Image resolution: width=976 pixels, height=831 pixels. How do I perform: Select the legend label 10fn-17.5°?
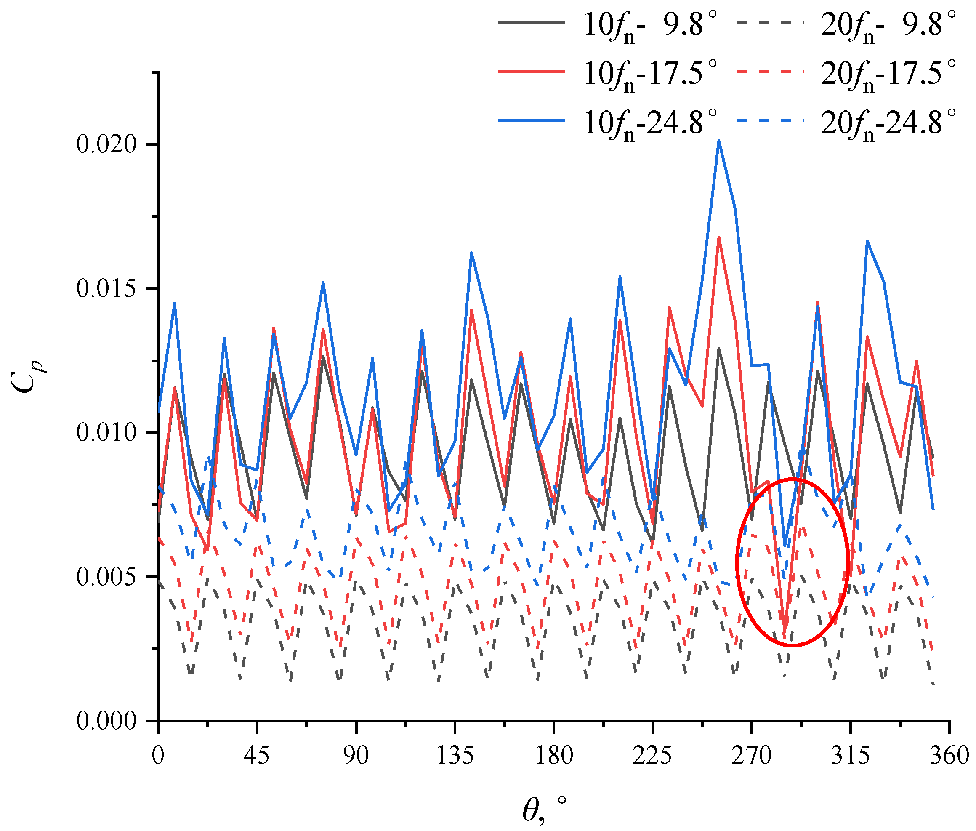coord(650,74)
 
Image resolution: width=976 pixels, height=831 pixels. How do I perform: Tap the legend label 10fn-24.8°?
coord(650,123)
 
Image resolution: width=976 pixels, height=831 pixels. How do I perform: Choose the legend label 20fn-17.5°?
coord(888,74)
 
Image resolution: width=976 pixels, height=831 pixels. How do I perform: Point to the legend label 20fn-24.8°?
coord(888,123)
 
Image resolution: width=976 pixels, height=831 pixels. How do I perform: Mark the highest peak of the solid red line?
coord(718,237)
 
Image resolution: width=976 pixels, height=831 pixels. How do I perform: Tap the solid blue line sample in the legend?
coord(532,121)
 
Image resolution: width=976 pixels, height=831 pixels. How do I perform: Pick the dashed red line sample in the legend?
coord(769,72)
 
